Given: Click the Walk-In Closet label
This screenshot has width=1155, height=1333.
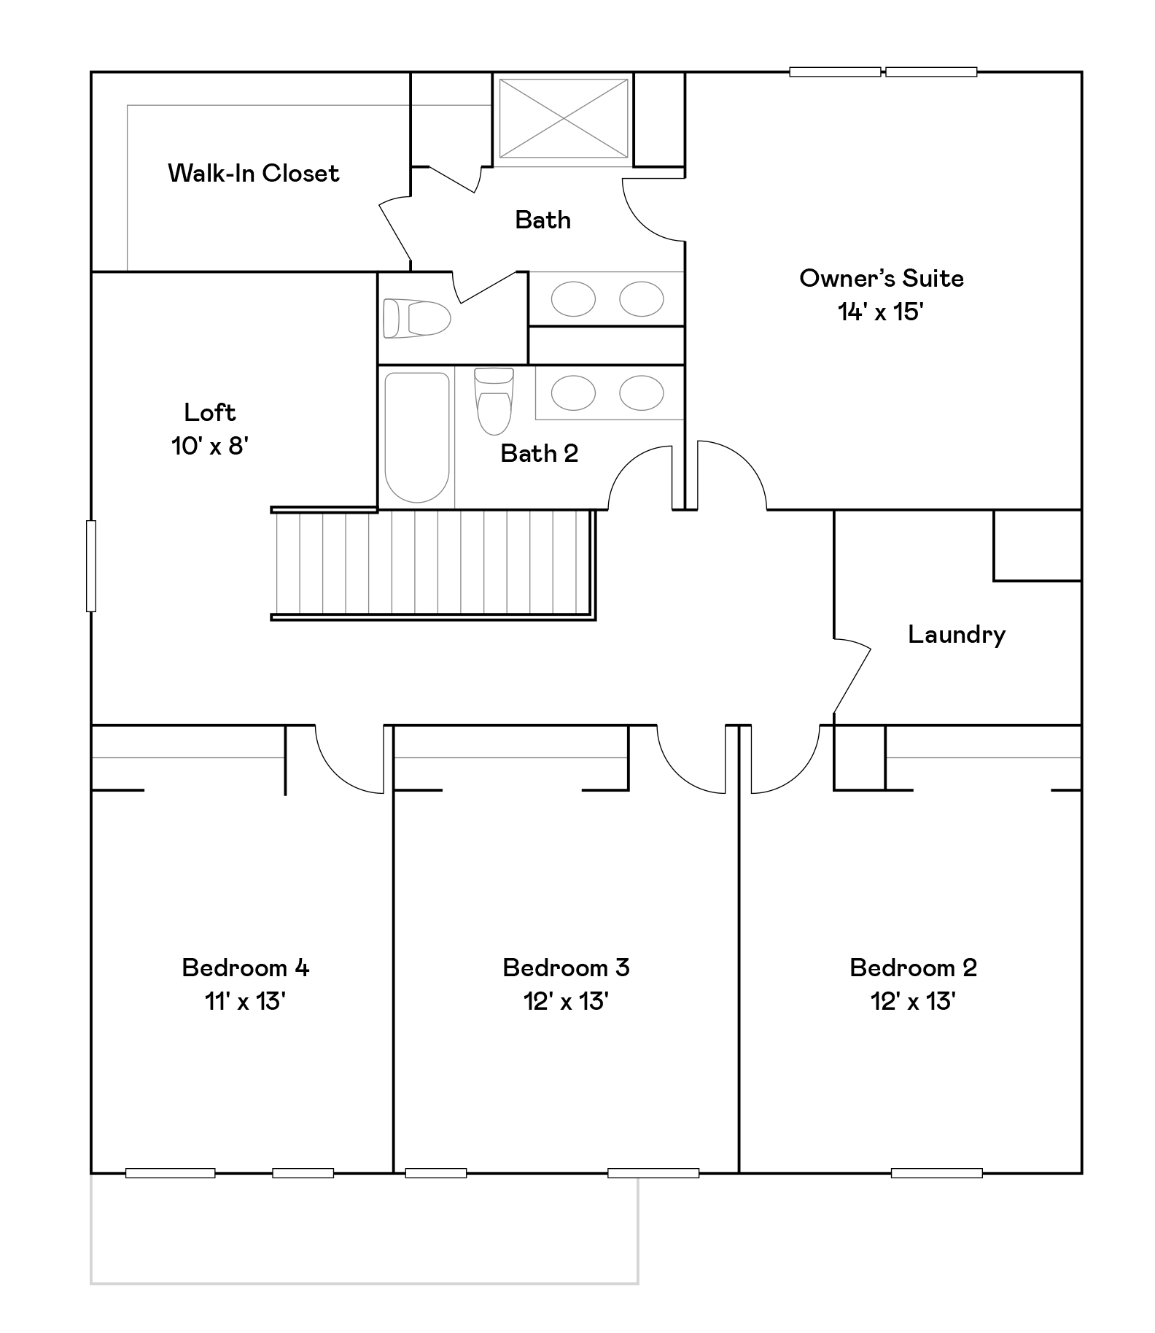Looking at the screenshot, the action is click(253, 173).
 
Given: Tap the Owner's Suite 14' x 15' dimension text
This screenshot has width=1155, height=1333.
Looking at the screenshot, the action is click(881, 312).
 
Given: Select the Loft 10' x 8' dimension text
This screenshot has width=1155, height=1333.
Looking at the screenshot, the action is click(210, 445).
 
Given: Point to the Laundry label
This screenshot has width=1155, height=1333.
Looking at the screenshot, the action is click(957, 634).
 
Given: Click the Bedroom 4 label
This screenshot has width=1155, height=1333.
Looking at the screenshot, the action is click(245, 967).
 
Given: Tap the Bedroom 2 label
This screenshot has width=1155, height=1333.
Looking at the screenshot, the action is click(913, 967).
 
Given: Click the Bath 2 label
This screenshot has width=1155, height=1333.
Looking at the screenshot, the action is click(539, 453).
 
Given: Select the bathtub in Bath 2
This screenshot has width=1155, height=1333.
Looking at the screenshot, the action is click(416, 437).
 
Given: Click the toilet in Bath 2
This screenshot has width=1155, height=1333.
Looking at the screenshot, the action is click(494, 401).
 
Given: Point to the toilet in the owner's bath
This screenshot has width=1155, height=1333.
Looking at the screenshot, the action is click(416, 318).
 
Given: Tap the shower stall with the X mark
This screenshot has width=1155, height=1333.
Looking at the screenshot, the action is click(563, 118).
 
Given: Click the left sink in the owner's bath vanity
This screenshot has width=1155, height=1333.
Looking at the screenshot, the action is click(573, 298).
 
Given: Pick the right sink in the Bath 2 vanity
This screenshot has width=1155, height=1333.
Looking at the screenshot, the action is click(642, 393).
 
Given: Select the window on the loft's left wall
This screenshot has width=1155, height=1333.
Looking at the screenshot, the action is click(91, 565).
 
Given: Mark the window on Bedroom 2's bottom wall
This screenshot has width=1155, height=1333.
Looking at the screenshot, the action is click(936, 1173).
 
